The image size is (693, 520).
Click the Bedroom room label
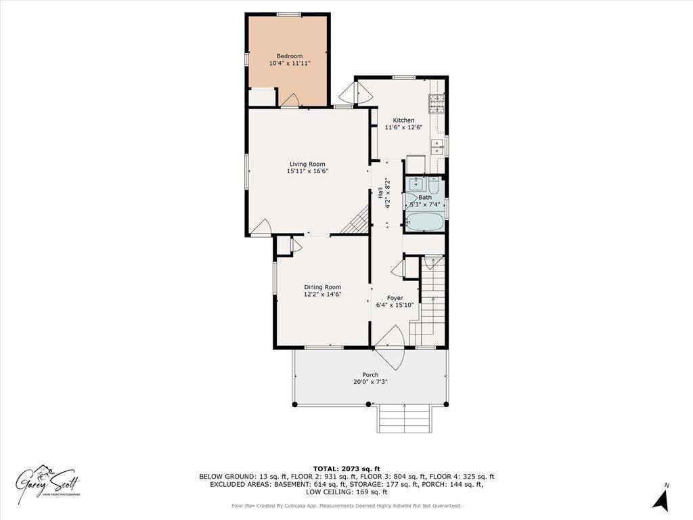(289, 56)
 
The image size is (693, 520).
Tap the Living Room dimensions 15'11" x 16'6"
(307, 171)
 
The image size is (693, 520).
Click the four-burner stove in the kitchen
(437, 103)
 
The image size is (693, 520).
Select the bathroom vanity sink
(414, 183)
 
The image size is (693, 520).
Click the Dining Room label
(322, 286)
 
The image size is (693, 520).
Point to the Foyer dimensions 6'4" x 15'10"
(395, 305)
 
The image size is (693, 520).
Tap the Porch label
(370, 374)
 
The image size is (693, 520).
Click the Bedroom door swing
(290, 101)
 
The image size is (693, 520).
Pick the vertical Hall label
(380, 194)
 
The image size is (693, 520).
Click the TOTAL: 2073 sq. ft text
(346, 469)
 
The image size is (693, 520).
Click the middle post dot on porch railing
(369, 404)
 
